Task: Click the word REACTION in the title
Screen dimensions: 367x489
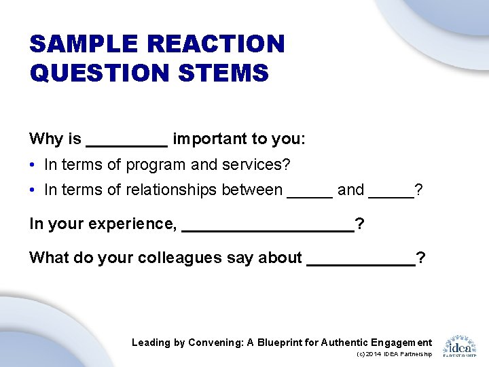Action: coord(216,44)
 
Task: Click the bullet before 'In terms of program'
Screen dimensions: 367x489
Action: coord(33,165)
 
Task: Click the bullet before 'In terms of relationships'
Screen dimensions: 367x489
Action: coord(33,190)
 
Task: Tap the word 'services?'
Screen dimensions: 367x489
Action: coord(257,164)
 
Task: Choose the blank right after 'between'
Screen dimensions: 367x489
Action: coord(310,196)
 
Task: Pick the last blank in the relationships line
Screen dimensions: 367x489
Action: coord(391,196)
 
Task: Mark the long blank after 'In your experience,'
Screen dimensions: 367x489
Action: coord(268,230)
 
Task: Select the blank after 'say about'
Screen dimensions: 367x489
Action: coord(361,263)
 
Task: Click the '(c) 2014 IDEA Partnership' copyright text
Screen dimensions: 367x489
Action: coord(393,354)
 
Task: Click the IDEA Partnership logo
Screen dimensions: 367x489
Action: coord(459,345)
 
